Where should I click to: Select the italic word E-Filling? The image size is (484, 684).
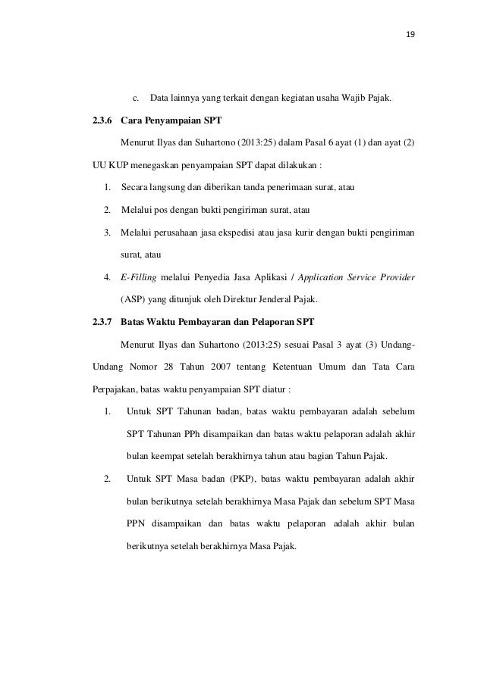[x=140, y=277]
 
